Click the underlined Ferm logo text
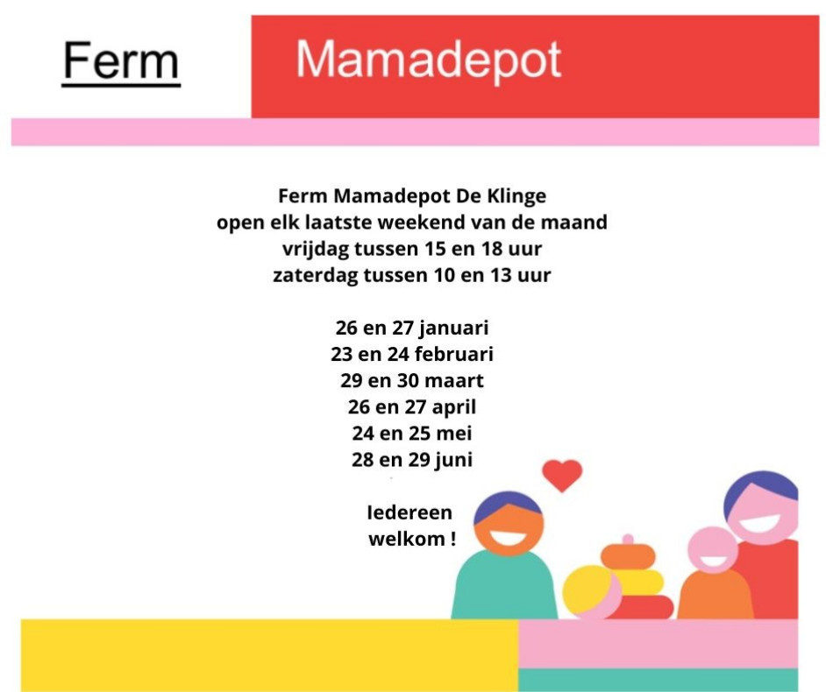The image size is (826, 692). pyautogui.click(x=121, y=62)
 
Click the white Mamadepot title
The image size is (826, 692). pyautogui.click(x=428, y=61)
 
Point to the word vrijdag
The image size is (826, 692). pyautogui.click(x=315, y=250)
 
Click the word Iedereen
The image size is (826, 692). pyautogui.click(x=409, y=512)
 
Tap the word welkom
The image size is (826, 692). pyautogui.click(x=406, y=539)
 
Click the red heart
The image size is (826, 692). pyautogui.click(x=562, y=476)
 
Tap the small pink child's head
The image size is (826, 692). pyautogui.click(x=713, y=550)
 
